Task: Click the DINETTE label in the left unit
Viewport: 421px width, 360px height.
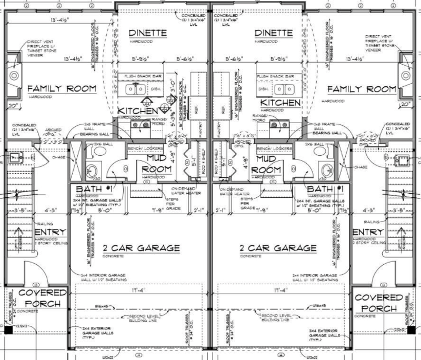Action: (x=148, y=33)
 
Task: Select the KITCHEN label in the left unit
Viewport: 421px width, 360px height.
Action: (x=137, y=111)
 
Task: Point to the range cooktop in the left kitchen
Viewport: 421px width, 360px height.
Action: (x=142, y=125)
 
